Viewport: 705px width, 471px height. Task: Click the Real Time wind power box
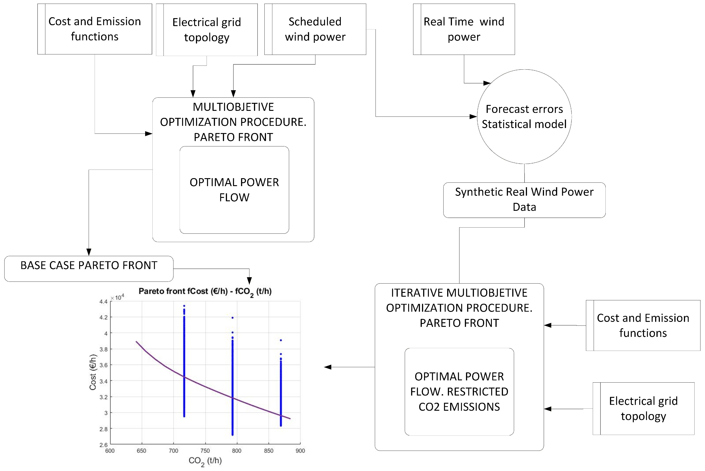[x=464, y=29]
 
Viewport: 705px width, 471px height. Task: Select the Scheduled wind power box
[x=315, y=29]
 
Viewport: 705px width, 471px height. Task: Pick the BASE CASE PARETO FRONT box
[x=89, y=269]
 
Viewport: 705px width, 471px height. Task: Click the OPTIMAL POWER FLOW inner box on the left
[x=234, y=190]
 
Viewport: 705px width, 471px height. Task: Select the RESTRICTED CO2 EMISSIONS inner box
[x=459, y=392]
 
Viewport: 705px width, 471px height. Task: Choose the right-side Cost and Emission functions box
[x=643, y=325]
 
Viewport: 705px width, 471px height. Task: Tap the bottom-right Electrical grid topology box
[x=643, y=408]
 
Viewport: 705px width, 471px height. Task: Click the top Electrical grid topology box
[x=207, y=30]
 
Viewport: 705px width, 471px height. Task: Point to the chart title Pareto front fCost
[x=205, y=292]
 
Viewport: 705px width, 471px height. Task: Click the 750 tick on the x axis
[x=205, y=451]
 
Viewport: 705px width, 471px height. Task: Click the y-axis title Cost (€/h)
[x=93, y=372]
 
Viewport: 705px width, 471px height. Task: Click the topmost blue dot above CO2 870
[x=281, y=340]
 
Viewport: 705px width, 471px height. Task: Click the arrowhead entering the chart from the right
[x=328, y=367]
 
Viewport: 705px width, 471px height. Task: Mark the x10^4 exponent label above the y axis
[x=117, y=297]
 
